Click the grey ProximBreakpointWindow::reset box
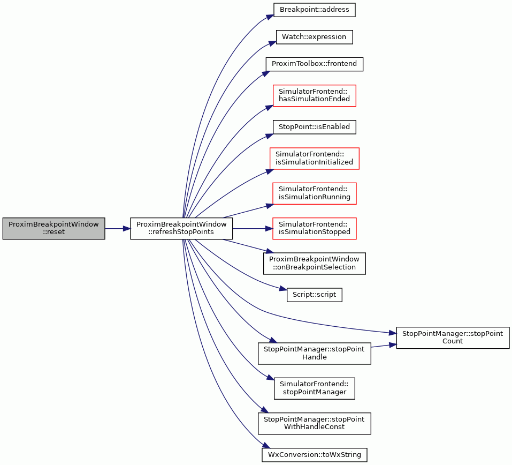[x=54, y=228]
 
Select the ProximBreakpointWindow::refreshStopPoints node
[x=181, y=228]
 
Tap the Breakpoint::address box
[x=314, y=10]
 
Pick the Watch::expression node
[x=314, y=37]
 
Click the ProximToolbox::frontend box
[x=314, y=64]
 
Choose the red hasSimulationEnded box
[x=314, y=95]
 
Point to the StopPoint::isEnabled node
[x=314, y=127]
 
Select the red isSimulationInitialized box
[x=314, y=158]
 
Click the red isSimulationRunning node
[x=314, y=193]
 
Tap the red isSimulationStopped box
[x=314, y=228]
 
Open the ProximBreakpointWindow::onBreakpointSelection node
[x=314, y=263]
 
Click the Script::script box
[x=314, y=295]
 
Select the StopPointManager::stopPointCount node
[x=453, y=337]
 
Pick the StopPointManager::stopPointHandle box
[x=314, y=353]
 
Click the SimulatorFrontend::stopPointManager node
[x=314, y=388]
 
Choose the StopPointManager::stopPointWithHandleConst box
[x=314, y=423]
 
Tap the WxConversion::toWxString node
[x=314, y=455]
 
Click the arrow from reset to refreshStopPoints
[x=118, y=229]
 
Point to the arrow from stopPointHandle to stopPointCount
[x=384, y=346]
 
